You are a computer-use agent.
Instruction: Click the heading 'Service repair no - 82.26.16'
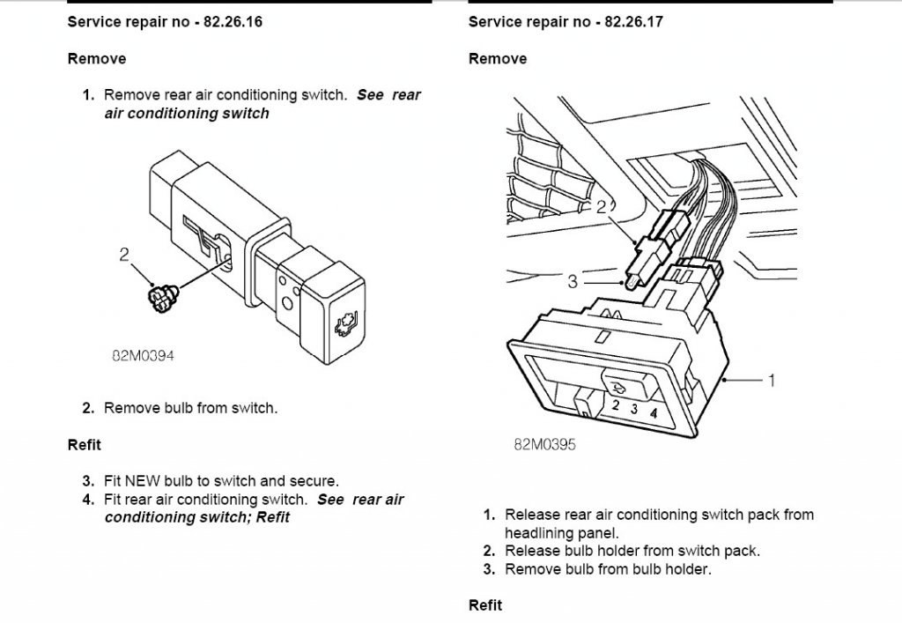(165, 22)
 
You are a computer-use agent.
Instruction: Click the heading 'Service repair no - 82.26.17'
(566, 22)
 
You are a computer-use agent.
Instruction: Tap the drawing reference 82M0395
(544, 445)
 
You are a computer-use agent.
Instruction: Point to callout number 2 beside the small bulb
(124, 255)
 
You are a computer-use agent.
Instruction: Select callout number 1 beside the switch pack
(772, 381)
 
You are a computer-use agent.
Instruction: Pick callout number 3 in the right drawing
(573, 281)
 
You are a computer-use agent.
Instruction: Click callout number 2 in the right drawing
(602, 207)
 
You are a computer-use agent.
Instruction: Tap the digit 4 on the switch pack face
(653, 412)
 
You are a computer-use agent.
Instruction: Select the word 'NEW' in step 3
(143, 481)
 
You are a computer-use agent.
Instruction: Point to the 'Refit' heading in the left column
(84, 445)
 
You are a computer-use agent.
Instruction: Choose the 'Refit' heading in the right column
(485, 605)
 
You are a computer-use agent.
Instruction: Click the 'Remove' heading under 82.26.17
(498, 59)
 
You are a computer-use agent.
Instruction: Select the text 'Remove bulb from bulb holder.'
(608, 569)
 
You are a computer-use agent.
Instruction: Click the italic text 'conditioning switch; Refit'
(196, 517)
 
